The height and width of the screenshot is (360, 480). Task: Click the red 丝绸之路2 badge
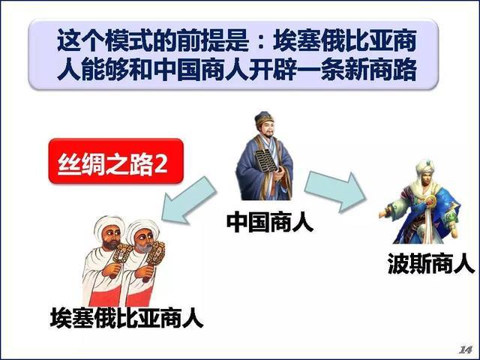coord(116,161)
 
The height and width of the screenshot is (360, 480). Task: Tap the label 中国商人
coord(270,222)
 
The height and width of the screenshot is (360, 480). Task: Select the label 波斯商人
coord(431,263)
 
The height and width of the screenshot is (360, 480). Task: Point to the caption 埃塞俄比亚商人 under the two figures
coord(127,318)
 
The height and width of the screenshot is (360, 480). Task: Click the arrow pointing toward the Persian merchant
coord(335,191)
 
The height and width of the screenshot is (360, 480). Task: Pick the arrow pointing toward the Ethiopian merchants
coord(188,200)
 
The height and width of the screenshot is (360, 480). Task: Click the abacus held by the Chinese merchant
coord(264,161)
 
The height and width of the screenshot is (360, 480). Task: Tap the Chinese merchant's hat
coord(264,118)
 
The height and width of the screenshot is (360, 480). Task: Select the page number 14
coord(465,349)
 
